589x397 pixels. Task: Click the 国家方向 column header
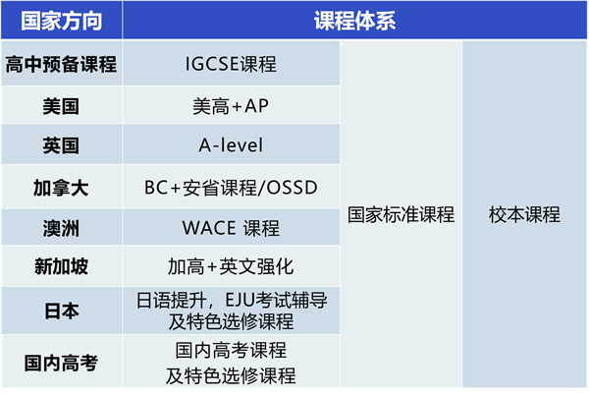(61, 21)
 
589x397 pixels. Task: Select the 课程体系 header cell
(355, 21)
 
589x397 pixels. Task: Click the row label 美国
(61, 106)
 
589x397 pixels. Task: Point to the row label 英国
(61, 146)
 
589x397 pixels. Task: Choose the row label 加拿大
(61, 188)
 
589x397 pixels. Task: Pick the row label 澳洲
(61, 228)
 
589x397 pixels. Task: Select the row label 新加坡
(61, 267)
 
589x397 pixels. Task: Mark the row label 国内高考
(61, 363)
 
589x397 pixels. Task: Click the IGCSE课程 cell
(231, 66)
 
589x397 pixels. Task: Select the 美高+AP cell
(231, 106)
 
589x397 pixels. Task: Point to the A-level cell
(231, 146)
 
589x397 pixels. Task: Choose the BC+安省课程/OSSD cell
(231, 188)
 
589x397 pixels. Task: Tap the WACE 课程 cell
(231, 228)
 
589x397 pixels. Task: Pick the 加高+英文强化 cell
(231, 267)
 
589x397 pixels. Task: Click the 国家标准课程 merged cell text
(401, 215)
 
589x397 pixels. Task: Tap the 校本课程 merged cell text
(524, 215)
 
